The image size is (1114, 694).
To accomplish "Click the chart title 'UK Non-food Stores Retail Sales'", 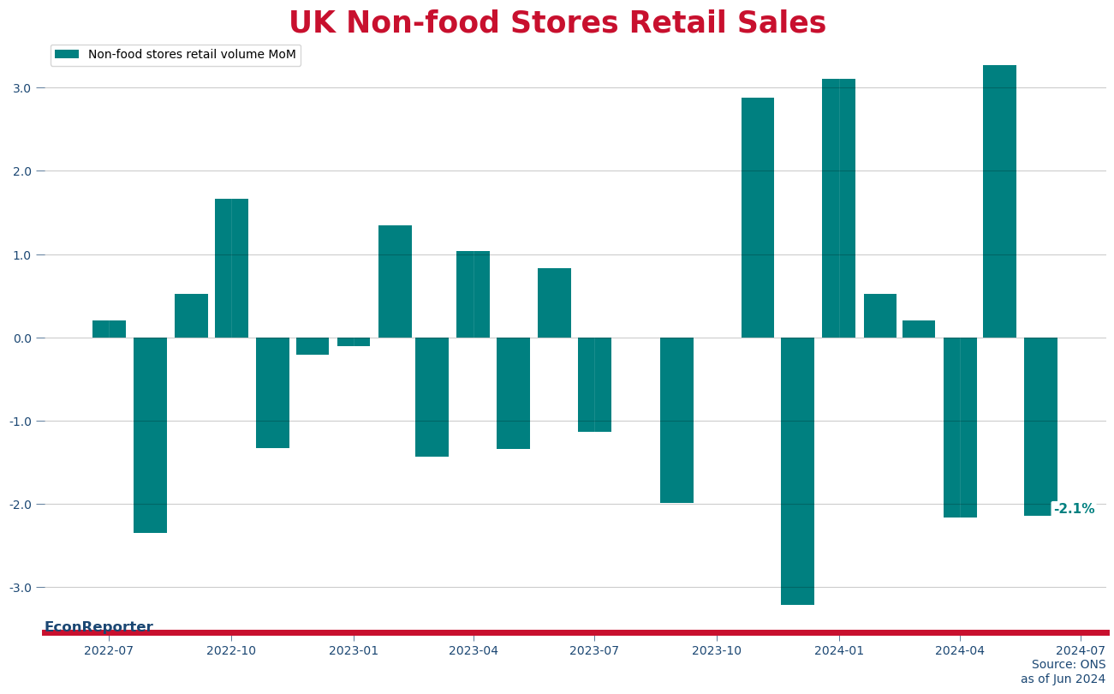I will [x=557, y=23].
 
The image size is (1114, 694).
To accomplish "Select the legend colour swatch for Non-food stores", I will [x=67, y=55].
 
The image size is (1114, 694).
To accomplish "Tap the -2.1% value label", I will [x=1074, y=509].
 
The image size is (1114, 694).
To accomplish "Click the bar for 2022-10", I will [x=231, y=268].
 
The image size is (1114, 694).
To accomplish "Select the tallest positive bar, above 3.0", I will [x=999, y=201].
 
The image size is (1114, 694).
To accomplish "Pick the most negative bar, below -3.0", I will [x=797, y=471].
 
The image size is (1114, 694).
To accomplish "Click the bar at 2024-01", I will [x=838, y=208].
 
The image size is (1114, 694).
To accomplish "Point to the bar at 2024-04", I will [x=960, y=428].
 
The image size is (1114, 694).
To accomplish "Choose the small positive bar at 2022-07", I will [x=109, y=329].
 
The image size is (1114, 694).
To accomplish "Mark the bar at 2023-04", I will [x=473, y=294].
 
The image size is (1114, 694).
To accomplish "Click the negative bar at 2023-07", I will [x=594, y=385].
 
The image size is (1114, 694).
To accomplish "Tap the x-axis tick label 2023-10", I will [x=717, y=650].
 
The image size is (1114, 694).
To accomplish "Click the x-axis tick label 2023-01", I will [x=354, y=650].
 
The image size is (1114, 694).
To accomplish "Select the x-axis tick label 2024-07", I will [x=1081, y=650].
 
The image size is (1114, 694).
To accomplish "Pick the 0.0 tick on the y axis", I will [x=21, y=338].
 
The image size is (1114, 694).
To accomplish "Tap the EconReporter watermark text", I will [x=98, y=626].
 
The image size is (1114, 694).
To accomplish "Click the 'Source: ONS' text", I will [x=1068, y=665].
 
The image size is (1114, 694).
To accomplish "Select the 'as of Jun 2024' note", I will [x=1063, y=679].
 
